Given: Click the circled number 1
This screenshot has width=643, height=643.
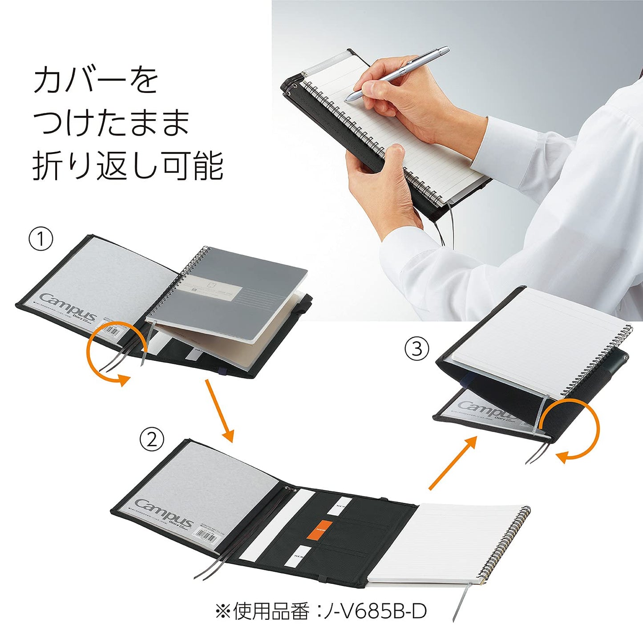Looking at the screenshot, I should pyautogui.click(x=41, y=239).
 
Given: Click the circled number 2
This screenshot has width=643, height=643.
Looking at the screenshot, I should pyautogui.click(x=152, y=440).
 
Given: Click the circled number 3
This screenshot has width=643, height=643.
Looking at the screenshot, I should pyautogui.click(x=417, y=348).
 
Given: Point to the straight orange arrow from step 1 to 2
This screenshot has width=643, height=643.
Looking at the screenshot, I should pyautogui.click(x=219, y=410).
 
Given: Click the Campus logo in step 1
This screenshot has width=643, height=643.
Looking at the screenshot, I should pyautogui.click(x=67, y=306).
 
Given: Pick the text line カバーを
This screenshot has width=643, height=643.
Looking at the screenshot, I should pyautogui.click(x=96, y=81).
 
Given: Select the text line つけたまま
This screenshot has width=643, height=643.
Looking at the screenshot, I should pyautogui.click(x=111, y=122).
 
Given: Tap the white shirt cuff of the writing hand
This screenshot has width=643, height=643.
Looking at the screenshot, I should pyautogui.click(x=512, y=142).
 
